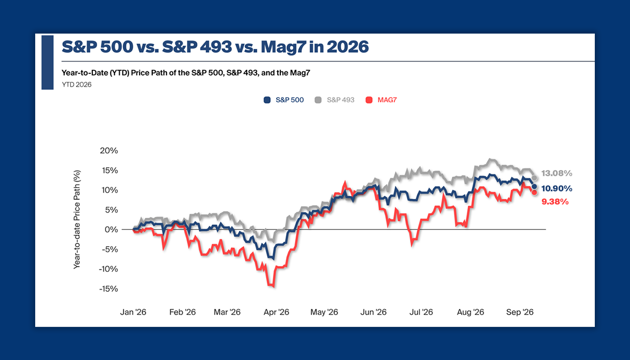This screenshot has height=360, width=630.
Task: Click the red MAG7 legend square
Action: (369, 100)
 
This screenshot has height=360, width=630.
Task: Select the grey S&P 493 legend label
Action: (340, 100)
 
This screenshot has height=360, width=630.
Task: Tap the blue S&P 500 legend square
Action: (267, 100)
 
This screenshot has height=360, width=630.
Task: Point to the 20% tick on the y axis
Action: (109, 151)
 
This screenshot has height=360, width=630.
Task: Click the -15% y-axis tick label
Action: (108, 289)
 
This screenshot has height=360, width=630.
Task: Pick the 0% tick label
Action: (111, 230)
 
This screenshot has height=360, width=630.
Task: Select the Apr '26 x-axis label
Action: (276, 312)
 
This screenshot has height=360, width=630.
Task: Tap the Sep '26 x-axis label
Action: (520, 312)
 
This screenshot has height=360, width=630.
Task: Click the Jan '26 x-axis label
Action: (133, 312)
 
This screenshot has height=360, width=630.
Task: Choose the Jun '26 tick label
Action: (373, 312)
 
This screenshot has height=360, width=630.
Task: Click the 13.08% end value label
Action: (556, 173)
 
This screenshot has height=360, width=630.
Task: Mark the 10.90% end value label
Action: (556, 188)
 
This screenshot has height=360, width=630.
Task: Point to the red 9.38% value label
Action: (555, 202)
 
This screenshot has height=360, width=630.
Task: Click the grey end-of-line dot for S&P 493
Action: (534, 178)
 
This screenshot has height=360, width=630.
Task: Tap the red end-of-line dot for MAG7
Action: (534, 193)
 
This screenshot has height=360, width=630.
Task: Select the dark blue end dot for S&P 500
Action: (534, 186)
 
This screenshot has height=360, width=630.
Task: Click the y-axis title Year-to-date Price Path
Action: (77, 219)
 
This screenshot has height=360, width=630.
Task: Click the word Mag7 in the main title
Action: (283, 47)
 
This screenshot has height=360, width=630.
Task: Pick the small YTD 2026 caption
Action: (77, 84)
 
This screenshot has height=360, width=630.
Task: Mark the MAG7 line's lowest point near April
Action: (274, 286)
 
